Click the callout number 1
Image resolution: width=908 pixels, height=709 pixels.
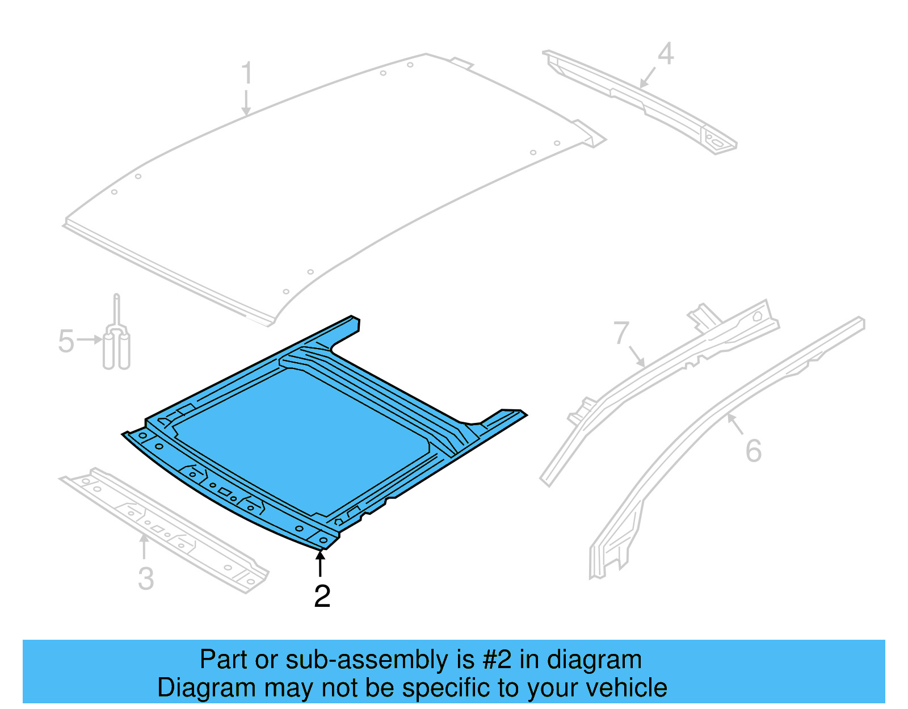pyautogui.click(x=246, y=74)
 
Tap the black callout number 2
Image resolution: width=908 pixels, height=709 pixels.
pyautogui.click(x=322, y=597)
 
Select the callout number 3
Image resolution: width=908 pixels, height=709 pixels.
pyautogui.click(x=146, y=579)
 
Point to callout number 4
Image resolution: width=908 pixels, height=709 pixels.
pyautogui.click(x=666, y=54)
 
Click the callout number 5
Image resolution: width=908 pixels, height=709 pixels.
pyautogui.click(x=66, y=342)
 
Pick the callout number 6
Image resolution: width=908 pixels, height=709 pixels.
pyautogui.click(x=753, y=451)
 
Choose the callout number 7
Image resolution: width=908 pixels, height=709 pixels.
pyautogui.click(x=621, y=333)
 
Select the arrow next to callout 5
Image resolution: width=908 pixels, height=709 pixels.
pyautogui.click(x=90, y=340)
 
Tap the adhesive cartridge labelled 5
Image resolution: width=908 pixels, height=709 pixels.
pyautogui.click(x=116, y=346)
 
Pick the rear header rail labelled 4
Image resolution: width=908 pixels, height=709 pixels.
pyautogui.click(x=641, y=99)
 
